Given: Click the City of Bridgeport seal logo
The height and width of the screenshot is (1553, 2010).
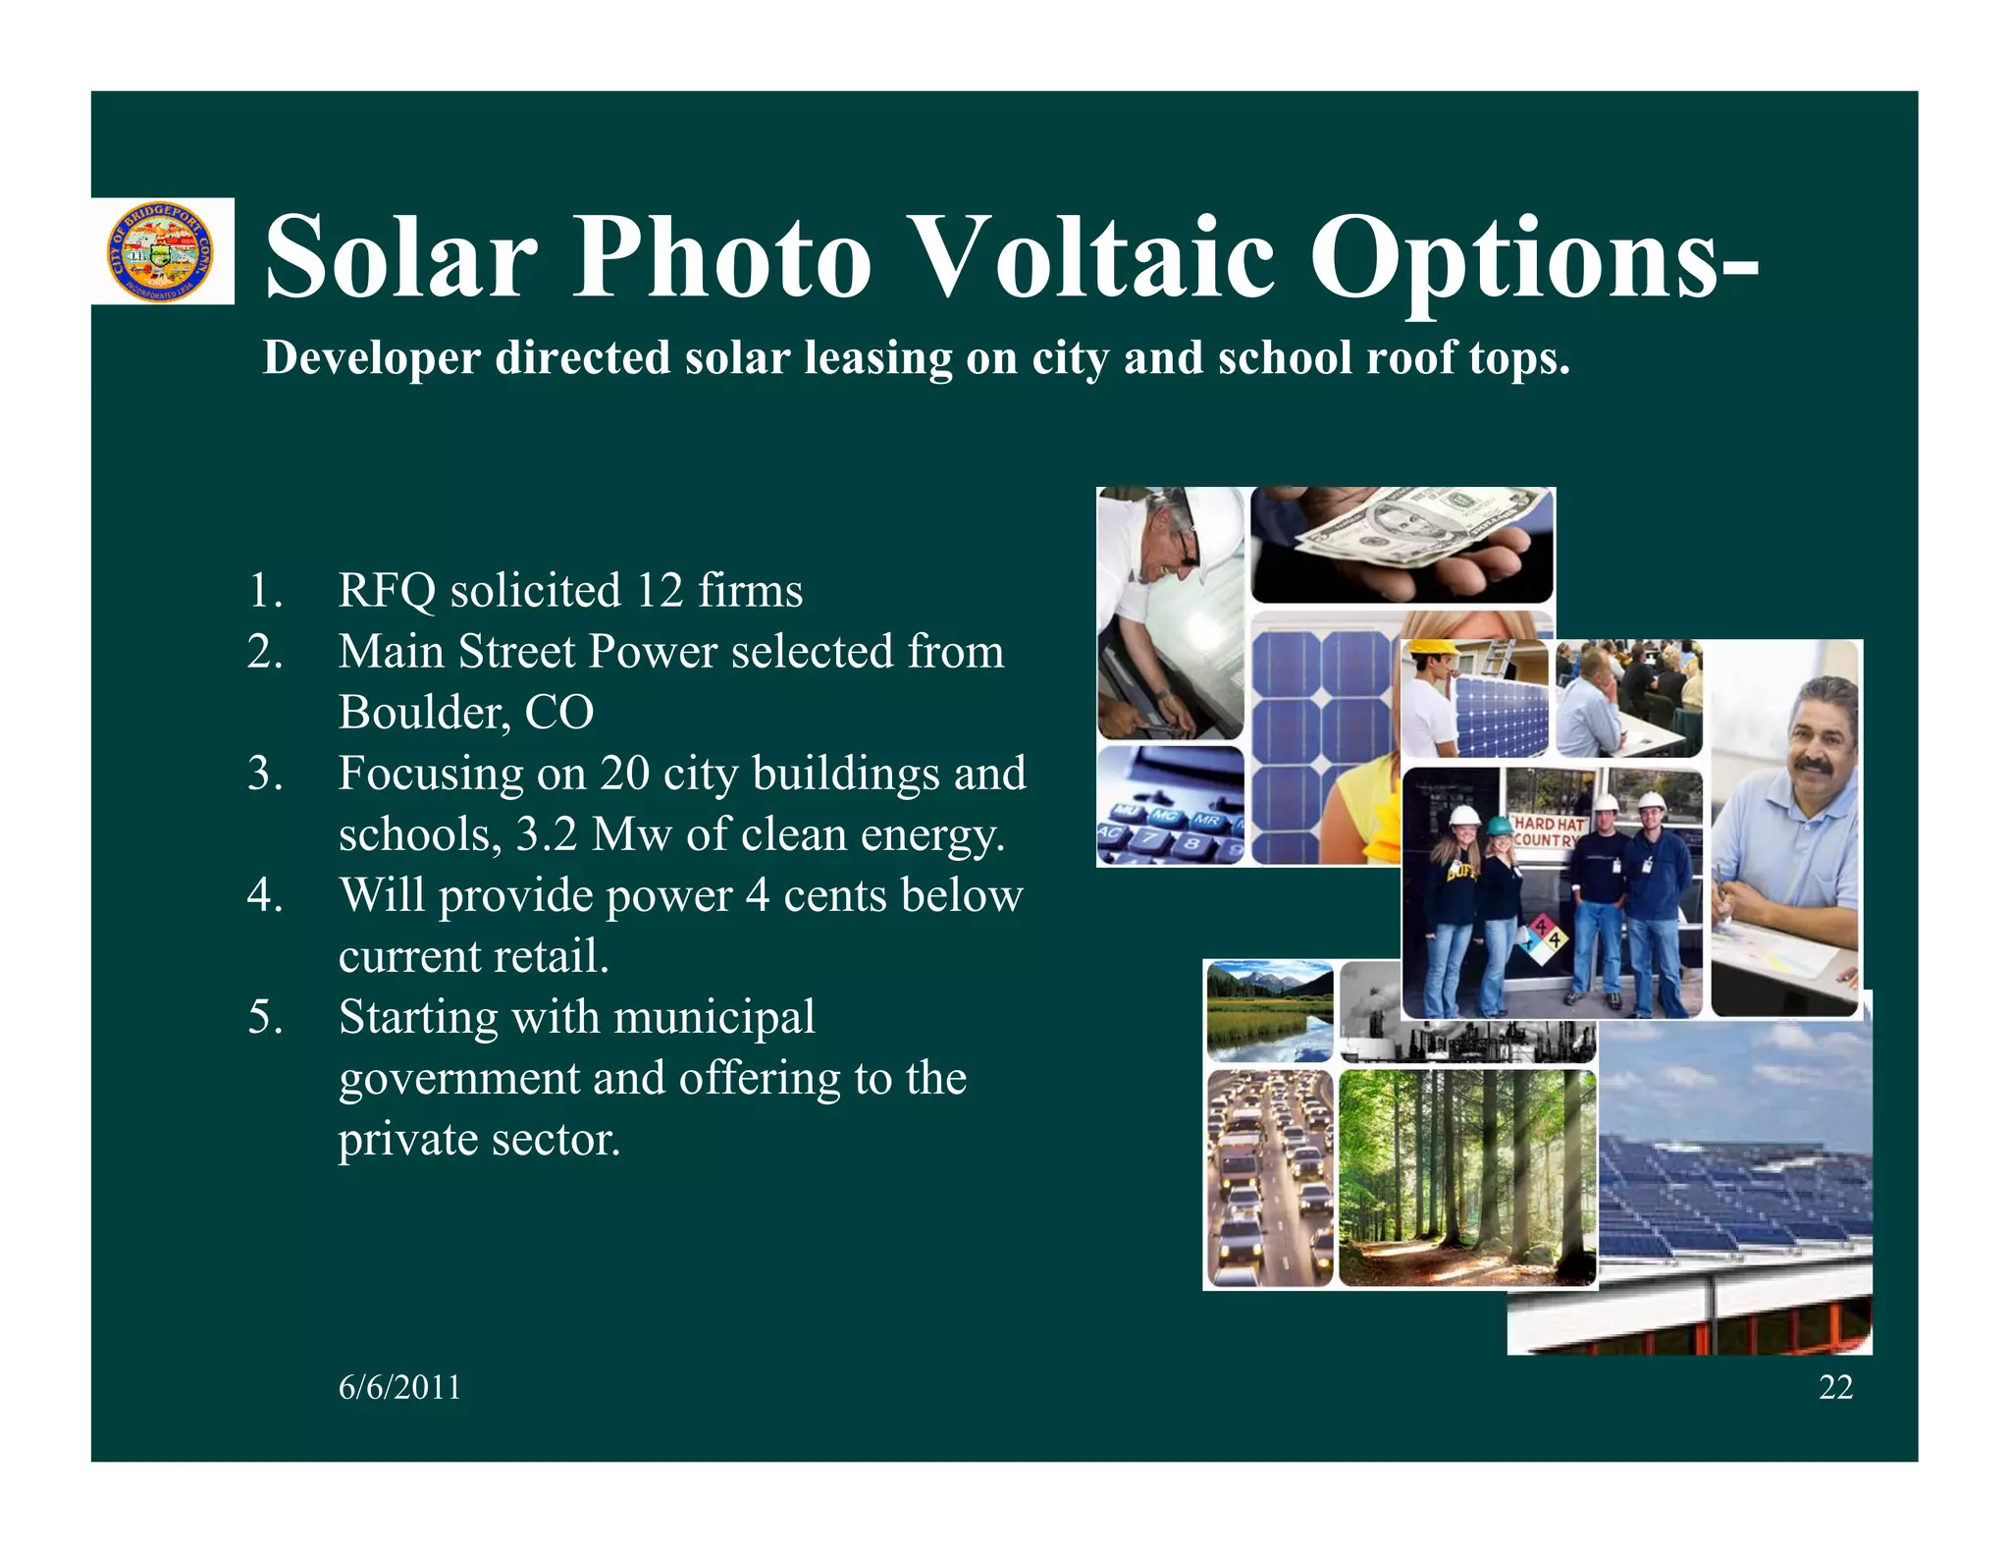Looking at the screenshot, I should (x=160, y=252).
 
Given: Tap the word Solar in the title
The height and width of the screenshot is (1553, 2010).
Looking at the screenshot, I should (x=400, y=257).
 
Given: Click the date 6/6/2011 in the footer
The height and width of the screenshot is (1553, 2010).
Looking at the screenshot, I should (x=399, y=1387).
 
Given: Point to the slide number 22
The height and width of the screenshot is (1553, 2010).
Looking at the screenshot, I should (x=1835, y=1387).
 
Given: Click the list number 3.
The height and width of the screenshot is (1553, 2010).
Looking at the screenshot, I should (x=265, y=774).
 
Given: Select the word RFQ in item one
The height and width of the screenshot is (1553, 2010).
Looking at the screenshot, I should (x=387, y=591).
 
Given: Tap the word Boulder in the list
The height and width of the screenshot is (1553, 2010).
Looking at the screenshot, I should (x=424, y=713).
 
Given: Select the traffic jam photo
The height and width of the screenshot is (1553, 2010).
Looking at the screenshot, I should (x=1269, y=1178).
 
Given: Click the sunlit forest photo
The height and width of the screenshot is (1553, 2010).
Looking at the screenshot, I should (x=1466, y=1178).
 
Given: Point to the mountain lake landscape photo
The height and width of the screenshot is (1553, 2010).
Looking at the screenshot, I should (x=1269, y=1011).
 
